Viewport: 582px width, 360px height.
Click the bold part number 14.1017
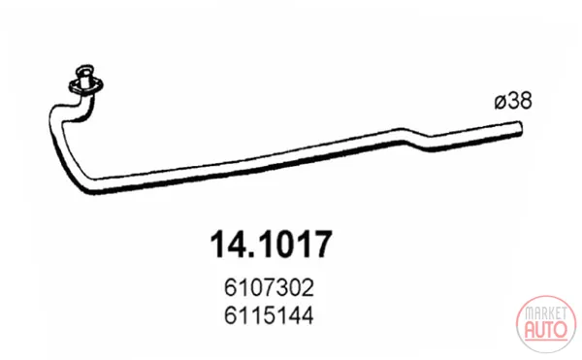pyautogui.click(x=271, y=244)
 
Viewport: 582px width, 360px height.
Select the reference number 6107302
pyautogui.click(x=269, y=287)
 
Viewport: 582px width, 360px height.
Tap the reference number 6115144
pyautogui.click(x=269, y=315)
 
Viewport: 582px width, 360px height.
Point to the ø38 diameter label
pyautogui.click(x=513, y=101)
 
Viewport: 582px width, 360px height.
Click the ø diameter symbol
pyautogui.click(x=501, y=102)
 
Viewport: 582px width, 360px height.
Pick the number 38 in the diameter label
pyautogui.click(x=520, y=101)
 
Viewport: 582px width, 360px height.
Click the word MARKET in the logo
pyautogui.click(x=546, y=313)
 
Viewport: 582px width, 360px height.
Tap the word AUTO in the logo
pyautogui.click(x=546, y=329)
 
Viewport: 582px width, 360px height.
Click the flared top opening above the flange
pyautogui.click(x=84, y=70)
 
